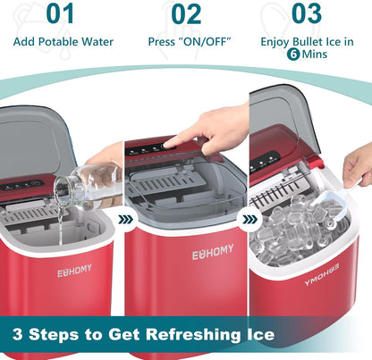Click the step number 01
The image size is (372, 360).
click(60, 13)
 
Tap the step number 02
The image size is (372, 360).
click(186, 13)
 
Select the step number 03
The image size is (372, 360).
click(307, 13)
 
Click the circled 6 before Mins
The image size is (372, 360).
click(293, 54)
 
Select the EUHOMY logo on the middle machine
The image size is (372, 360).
click(212, 255)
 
